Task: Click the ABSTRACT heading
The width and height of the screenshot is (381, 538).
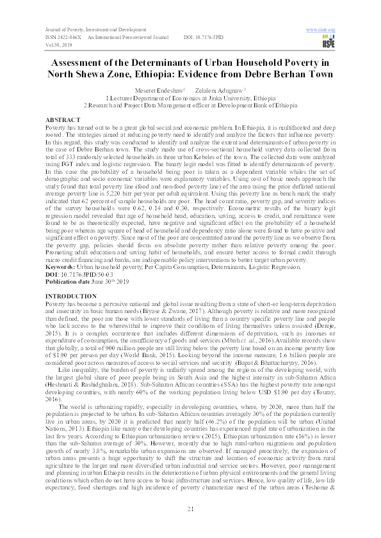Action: coord(63,119)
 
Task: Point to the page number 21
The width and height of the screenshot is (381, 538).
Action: coord(190,508)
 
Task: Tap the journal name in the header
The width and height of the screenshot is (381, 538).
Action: coord(94,30)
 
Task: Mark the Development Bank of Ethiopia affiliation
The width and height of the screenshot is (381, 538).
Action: coord(191,107)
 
